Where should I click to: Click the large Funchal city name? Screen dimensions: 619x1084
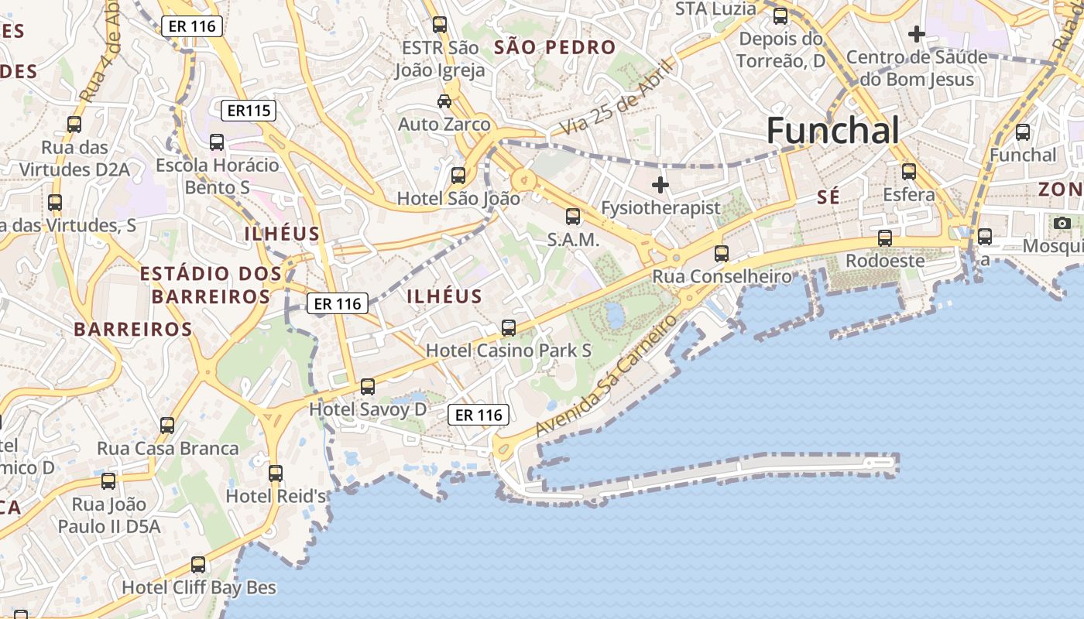833,131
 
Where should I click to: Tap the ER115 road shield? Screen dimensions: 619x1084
249,111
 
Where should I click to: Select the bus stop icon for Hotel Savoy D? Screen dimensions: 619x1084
368,386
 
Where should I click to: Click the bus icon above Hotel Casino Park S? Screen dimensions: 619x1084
509,328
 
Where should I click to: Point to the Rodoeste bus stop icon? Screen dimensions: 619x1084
885,238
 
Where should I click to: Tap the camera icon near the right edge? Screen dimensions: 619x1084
1062,224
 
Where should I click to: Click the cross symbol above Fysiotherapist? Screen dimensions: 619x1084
660,185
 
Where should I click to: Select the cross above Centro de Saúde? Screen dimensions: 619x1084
917,34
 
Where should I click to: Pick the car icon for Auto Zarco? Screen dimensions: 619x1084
444,101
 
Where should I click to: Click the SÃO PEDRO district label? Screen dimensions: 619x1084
555,47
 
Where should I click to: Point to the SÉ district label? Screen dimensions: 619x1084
828,197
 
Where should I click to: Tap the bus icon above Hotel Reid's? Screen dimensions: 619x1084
276,473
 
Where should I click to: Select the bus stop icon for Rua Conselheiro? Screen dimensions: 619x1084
722,253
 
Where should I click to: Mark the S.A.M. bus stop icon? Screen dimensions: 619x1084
573,217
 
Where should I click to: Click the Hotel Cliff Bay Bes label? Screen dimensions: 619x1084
199,587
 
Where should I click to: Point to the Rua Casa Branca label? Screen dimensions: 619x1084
168,448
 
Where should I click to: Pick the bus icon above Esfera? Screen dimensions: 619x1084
909,172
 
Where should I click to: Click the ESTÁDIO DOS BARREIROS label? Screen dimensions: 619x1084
211,284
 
